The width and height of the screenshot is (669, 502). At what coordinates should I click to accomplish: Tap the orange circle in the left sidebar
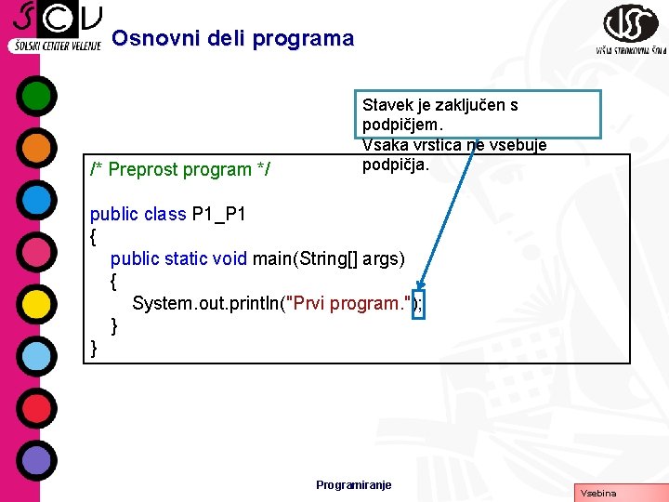pos(36,148)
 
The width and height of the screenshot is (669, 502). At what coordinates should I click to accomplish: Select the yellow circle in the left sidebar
pos(36,304)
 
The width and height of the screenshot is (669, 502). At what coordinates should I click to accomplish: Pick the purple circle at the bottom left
pos(36,460)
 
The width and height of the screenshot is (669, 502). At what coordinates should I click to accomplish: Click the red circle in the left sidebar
pos(36,408)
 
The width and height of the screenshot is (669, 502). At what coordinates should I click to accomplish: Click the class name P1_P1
pos(218,215)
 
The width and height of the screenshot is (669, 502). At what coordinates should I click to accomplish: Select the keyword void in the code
pos(230,258)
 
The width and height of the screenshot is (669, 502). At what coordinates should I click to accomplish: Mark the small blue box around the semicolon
pos(418,304)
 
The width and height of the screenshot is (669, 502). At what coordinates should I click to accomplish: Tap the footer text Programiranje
pos(354,485)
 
